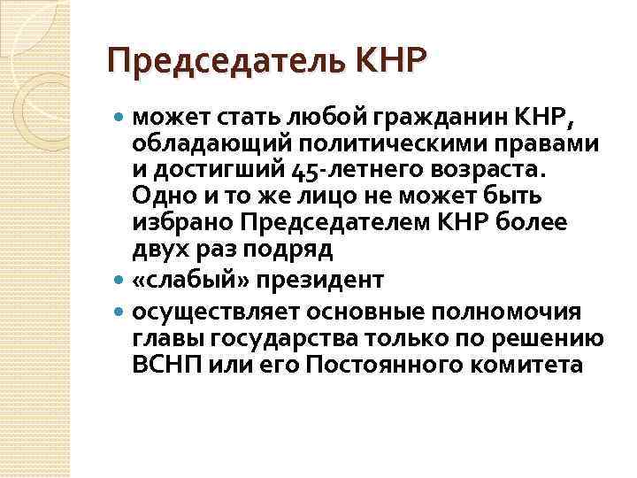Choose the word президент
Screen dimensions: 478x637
coord(308,281)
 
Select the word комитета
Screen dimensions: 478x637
coord(533,365)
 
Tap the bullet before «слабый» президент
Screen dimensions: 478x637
coord(120,281)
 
